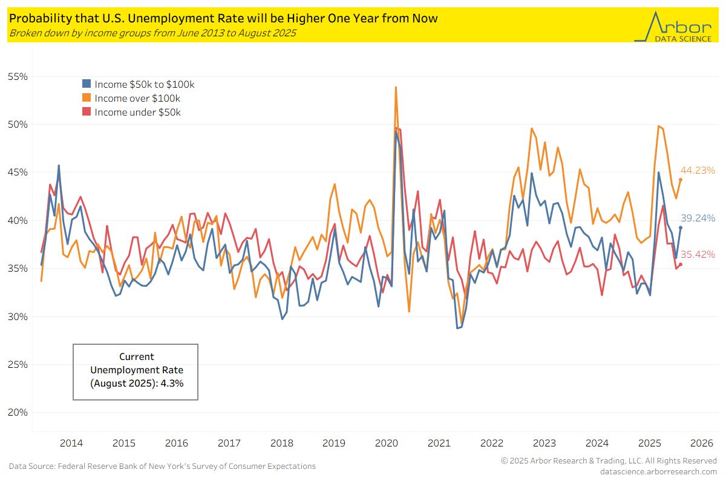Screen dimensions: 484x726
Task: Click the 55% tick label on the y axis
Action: point(18,77)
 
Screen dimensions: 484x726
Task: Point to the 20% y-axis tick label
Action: point(18,413)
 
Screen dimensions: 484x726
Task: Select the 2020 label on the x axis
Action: point(386,443)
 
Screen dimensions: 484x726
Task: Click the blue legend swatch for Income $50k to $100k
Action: point(87,85)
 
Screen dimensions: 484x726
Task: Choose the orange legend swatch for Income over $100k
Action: point(87,98)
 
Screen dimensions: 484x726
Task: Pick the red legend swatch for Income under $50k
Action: point(87,112)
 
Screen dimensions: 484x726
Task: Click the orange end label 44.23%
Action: point(698,171)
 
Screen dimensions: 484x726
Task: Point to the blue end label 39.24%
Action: point(698,218)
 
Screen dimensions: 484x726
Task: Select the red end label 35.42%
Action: point(698,254)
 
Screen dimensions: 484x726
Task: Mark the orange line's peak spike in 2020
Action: point(396,87)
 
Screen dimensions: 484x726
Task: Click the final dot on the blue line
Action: point(681,227)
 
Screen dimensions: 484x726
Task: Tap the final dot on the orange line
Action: point(681,179)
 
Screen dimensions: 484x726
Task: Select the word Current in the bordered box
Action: point(136,356)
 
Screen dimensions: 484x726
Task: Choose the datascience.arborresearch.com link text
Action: point(658,471)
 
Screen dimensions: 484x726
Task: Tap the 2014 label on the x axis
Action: point(71,443)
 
